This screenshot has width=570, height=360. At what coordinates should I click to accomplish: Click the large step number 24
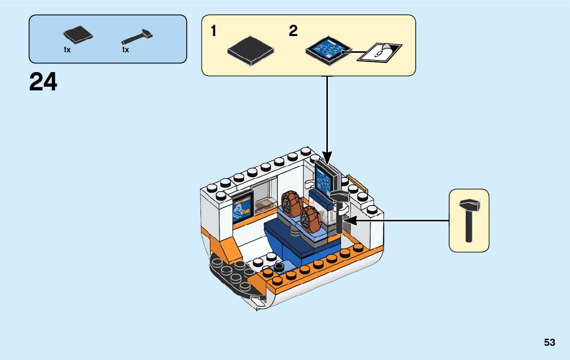[43, 82]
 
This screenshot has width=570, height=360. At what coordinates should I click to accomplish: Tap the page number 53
[550, 342]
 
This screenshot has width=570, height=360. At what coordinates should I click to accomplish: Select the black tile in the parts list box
[78, 35]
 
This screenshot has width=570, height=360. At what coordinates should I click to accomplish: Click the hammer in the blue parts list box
[137, 36]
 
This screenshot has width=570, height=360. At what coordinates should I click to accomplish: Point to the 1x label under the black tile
[67, 50]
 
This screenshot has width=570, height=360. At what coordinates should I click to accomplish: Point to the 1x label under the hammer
[125, 50]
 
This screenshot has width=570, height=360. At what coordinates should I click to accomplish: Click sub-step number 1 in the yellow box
[214, 31]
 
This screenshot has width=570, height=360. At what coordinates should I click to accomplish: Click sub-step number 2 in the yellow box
[293, 31]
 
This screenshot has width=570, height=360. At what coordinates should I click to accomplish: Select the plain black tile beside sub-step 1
[251, 50]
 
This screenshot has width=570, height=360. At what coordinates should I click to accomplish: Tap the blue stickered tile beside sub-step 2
[328, 50]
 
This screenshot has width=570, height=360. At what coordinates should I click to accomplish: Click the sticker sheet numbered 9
[380, 53]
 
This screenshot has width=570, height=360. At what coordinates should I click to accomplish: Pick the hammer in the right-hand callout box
[470, 220]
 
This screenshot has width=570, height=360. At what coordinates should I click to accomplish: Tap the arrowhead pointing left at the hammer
[350, 220]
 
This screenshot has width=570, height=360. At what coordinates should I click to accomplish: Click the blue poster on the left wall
[242, 208]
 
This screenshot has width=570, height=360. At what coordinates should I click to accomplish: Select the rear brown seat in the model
[291, 204]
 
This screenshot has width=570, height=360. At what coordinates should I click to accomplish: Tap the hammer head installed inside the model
[340, 197]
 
